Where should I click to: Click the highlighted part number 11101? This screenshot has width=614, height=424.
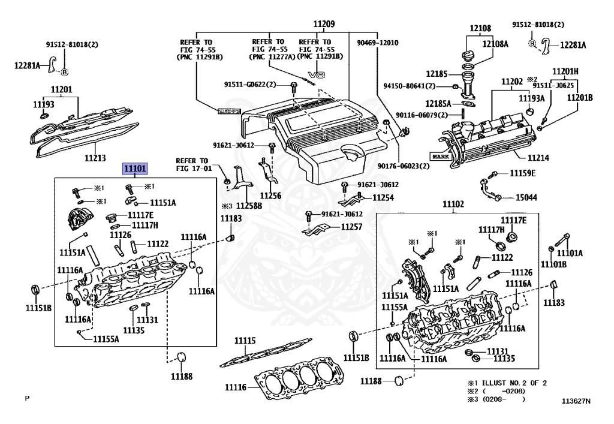pos(135,169)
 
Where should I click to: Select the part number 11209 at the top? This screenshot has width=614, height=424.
pos(324,24)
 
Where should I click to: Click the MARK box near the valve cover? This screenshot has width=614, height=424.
pos(441,156)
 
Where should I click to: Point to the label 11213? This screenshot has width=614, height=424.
pos(95,158)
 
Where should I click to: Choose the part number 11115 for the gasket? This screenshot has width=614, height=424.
pos(245,341)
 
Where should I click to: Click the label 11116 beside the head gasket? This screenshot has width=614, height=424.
pos(236,387)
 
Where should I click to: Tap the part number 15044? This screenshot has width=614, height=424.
pos(526,197)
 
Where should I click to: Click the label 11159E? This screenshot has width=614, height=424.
pos(522,173)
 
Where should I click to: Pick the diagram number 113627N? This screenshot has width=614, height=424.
pos(576,401)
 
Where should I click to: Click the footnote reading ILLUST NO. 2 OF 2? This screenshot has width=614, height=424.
pos(514,383)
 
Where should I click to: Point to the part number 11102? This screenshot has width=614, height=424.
pos(453,204)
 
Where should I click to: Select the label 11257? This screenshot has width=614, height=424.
pos(351,227)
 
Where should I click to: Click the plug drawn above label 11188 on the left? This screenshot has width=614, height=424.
pos(181,358)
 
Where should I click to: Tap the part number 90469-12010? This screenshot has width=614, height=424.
pos(378,43)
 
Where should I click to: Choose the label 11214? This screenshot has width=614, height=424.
pos(538,158)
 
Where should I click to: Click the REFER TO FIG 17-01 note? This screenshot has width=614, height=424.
pos(194,164)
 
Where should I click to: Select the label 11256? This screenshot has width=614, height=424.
pos(270,196)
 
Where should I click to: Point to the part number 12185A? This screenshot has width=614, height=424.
pos(438,104)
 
